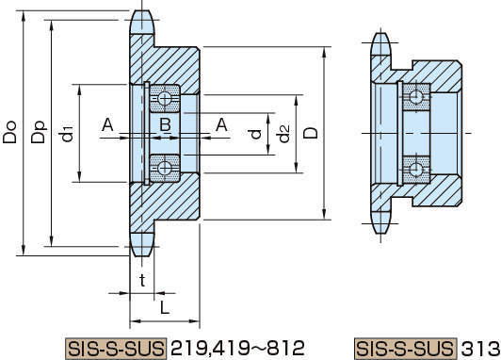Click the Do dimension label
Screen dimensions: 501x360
(9, 132)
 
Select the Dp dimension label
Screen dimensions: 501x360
(39, 132)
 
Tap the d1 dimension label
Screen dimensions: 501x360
(67, 134)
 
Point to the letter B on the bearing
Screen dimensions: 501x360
(165, 124)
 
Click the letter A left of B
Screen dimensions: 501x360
(107, 124)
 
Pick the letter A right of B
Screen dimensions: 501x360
(221, 124)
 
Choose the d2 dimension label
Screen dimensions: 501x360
(283, 133)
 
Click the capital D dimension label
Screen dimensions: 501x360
(311, 133)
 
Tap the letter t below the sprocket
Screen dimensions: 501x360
(142, 281)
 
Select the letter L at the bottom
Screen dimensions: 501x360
(165, 308)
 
